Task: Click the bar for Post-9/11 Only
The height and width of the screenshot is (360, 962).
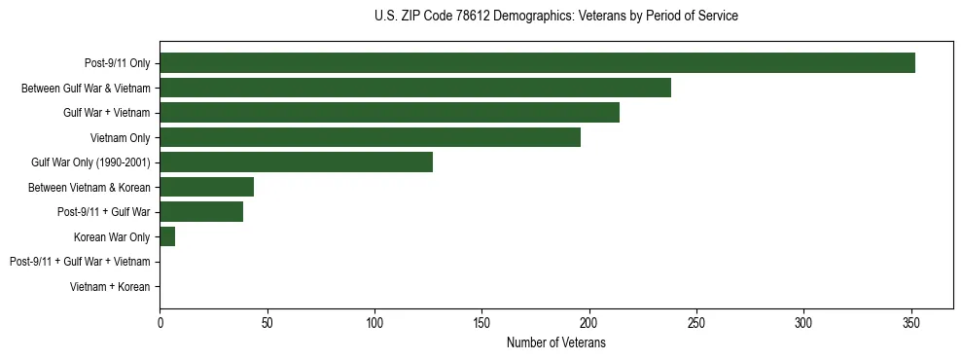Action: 537,63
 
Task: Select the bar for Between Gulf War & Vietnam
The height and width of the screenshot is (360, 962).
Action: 415,89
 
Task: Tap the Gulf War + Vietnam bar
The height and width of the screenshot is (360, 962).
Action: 389,113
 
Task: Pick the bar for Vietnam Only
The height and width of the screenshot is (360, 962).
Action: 370,138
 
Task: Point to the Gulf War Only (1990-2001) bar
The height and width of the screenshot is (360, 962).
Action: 296,162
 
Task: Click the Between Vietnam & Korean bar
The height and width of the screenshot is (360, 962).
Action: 206,187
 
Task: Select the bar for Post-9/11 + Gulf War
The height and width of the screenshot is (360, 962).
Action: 201,212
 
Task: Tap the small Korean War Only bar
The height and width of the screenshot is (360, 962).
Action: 167,237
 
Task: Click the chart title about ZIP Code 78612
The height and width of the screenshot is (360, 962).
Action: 555,17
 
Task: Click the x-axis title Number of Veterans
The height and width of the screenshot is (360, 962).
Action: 555,343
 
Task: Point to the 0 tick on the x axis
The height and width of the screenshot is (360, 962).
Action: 160,323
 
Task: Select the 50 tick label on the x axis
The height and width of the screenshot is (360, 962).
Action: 267,323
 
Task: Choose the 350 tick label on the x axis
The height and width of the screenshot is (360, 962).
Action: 910,323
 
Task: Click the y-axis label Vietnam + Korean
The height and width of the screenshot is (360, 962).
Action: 110,287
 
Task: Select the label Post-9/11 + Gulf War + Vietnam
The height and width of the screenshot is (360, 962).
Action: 80,262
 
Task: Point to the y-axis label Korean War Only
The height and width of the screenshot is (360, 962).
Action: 112,237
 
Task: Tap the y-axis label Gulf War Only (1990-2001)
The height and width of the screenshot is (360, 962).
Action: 90,162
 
